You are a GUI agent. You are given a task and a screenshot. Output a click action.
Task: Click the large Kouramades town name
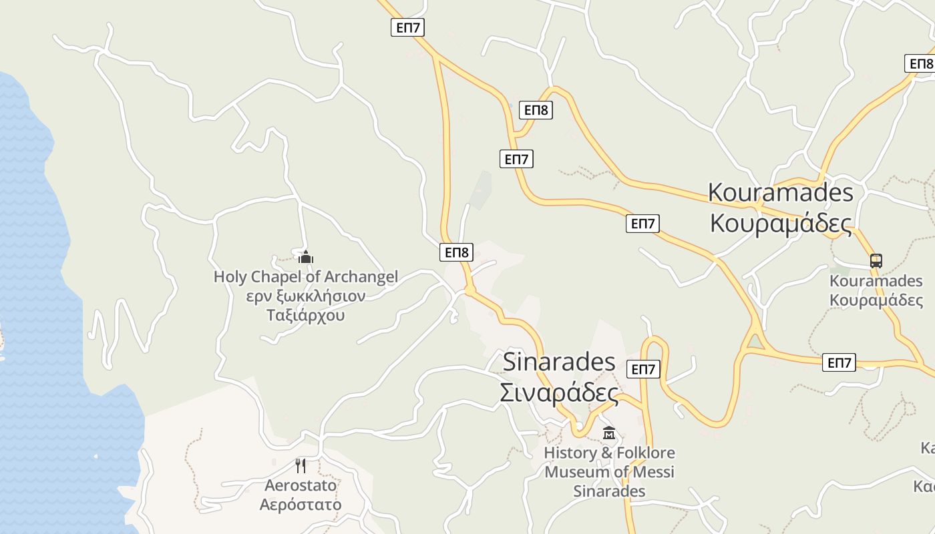point(781,192)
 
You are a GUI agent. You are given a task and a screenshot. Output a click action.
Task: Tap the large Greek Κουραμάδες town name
point(781,223)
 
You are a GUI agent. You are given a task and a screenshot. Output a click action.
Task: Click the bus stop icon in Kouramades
point(876,261)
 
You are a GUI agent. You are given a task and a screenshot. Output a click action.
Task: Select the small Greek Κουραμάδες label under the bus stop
point(876,300)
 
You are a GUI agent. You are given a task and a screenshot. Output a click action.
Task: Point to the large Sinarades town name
point(550,362)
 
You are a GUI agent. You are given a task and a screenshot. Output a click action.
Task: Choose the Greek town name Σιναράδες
point(559,392)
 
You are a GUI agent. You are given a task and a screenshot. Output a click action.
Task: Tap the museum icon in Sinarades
point(608,434)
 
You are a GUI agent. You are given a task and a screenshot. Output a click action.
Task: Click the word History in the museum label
point(570,453)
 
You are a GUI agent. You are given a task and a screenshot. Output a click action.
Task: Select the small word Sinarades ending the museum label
point(609,491)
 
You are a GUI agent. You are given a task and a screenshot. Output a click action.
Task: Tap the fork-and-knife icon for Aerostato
point(301,465)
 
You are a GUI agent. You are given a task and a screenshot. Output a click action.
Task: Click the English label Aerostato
point(301,485)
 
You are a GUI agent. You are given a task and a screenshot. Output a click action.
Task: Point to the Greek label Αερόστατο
point(301,504)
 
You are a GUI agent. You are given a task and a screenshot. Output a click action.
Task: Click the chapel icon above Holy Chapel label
point(306,257)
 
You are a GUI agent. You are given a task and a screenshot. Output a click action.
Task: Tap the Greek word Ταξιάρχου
point(306,314)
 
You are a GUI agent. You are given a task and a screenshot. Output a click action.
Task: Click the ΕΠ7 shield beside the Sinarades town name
point(643,369)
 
